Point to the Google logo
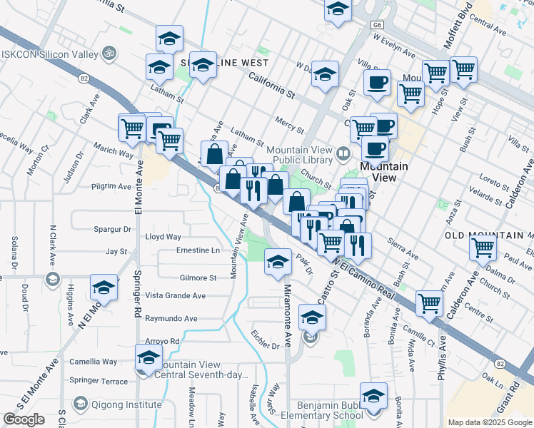coord(24,419)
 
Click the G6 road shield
coord(377,24)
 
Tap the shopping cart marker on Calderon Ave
coord(483,248)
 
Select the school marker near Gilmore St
coord(278,262)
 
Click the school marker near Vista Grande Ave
coord(104,288)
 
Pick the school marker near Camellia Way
coord(148,357)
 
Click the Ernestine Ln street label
coord(198,250)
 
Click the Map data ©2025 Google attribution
coord(490,422)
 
